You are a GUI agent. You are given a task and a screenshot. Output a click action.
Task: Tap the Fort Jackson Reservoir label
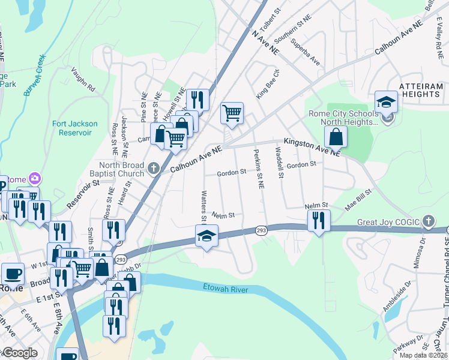74,128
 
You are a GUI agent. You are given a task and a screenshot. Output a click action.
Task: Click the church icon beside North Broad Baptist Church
153,168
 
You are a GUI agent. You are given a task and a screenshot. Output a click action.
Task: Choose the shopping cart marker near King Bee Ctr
232,112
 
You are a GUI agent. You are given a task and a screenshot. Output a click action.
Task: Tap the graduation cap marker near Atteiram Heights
387,101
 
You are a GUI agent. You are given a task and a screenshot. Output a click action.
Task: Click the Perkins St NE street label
259,170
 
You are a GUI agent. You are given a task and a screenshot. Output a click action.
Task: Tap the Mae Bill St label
358,198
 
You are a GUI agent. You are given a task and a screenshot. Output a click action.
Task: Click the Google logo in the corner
19,353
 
